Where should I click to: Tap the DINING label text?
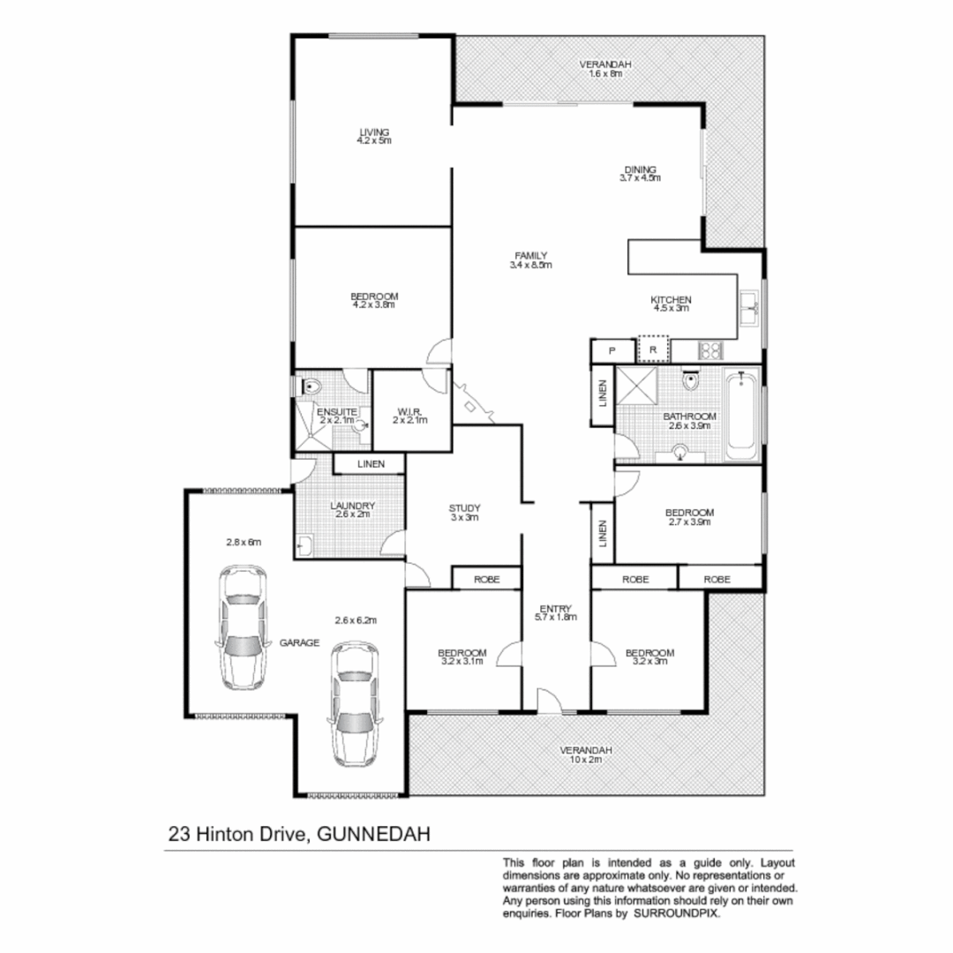pos(640,169)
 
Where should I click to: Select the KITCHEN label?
pos(672,300)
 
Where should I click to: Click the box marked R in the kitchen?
pos(653,350)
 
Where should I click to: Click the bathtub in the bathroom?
pos(741,416)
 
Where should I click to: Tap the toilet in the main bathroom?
pos(690,384)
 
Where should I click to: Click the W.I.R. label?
pos(410,411)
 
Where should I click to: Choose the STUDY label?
pos(464,508)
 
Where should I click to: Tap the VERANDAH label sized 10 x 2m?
pos(585,750)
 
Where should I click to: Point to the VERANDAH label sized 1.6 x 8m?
pos(605,64)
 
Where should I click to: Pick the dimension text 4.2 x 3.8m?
pos(373,305)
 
